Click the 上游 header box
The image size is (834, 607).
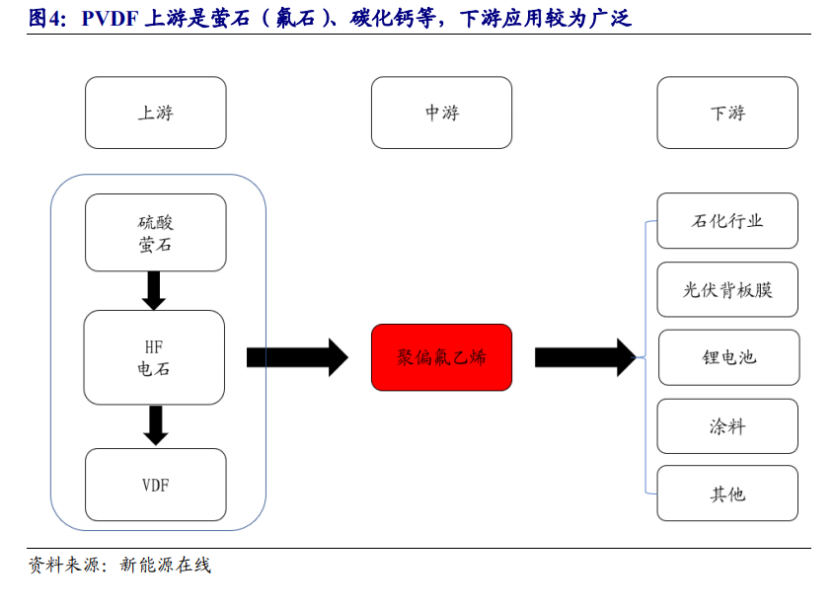point(156,113)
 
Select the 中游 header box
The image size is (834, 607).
point(441,113)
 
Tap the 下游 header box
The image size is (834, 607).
point(727,113)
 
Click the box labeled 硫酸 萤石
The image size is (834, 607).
point(156,233)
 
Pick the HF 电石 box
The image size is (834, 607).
point(154,357)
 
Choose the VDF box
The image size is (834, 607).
point(156,485)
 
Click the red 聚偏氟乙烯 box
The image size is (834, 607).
point(441,357)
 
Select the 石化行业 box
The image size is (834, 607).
point(727,221)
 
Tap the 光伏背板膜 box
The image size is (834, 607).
point(727,289)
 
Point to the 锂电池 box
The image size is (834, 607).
point(728,357)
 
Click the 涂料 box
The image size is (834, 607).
point(727,426)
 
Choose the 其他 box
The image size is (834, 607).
point(727,493)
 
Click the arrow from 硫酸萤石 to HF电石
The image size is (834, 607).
point(154,290)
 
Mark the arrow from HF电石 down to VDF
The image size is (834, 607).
point(156,425)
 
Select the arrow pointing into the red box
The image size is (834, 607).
point(297,357)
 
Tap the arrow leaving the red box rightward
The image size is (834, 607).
point(585,357)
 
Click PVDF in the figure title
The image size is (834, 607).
point(111,18)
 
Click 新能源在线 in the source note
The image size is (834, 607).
point(166,565)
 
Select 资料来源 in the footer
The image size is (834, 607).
point(64,565)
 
